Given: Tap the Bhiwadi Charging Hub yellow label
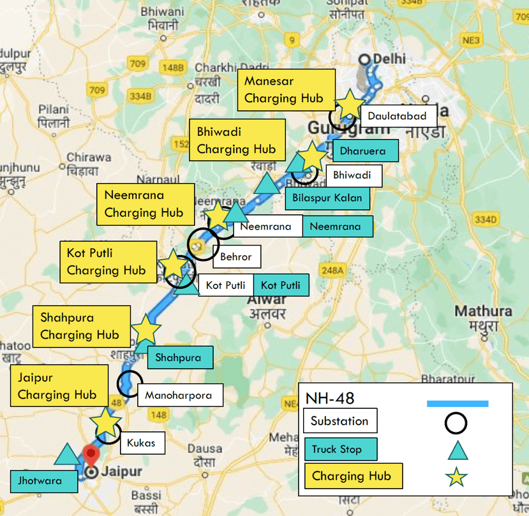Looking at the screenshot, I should [236, 140].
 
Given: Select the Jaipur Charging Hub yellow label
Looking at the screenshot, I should [57, 386].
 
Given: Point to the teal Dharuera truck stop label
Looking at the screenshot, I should [365, 151].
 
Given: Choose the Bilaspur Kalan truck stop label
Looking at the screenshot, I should [327, 197].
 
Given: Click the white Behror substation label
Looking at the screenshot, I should [236, 257].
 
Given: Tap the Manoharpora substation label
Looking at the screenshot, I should [178, 395].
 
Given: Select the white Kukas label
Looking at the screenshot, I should [140, 442].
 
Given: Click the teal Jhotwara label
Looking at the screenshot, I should [44, 480].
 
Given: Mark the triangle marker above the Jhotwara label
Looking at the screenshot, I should [66, 454].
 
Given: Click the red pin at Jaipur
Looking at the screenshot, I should [91, 456].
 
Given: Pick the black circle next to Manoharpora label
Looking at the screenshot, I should [129, 384].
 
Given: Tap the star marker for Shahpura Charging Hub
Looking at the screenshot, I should [145, 329].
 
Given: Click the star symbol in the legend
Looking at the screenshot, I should [458, 476].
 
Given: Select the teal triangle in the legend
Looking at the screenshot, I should [458, 450].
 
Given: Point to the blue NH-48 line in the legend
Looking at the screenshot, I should [458, 403].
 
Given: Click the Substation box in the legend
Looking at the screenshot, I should [340, 421].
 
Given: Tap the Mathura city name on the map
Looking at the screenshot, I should [483, 311].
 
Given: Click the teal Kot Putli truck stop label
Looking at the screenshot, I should [281, 285].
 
